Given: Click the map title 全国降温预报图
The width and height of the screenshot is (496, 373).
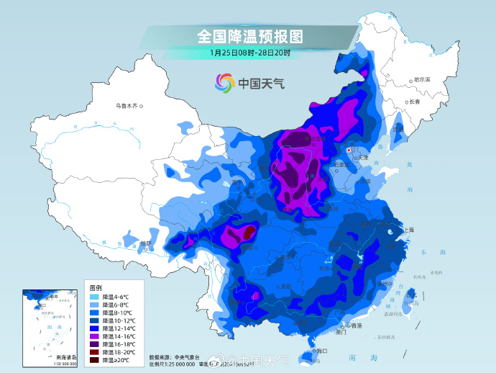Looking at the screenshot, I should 249,36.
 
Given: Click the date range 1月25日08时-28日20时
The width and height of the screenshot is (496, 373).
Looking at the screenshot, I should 249,53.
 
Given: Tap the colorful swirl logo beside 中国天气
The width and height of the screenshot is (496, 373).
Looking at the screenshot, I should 225,83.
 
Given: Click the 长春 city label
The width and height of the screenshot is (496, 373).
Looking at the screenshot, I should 415,102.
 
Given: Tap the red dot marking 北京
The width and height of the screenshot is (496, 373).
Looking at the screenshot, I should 349,150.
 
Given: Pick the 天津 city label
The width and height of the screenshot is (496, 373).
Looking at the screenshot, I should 362,157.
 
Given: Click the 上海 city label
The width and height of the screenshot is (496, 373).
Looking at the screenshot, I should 408,230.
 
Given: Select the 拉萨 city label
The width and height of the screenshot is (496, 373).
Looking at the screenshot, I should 146,243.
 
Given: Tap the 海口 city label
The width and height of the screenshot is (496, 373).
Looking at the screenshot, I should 321,351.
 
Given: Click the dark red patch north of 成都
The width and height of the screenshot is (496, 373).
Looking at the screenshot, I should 249,233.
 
